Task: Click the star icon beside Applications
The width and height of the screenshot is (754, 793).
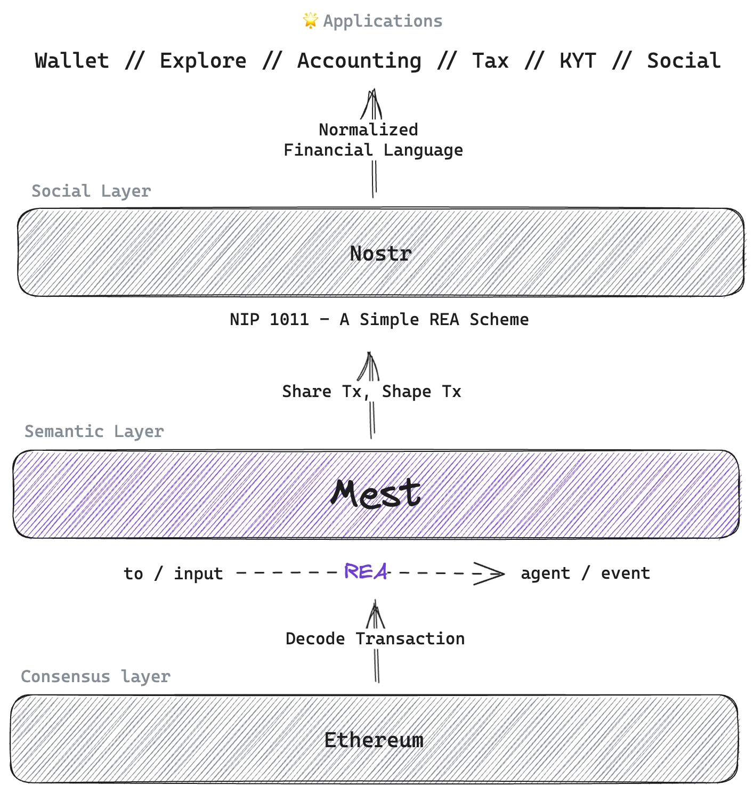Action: click(310, 21)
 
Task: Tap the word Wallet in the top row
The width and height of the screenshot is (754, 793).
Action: click(72, 61)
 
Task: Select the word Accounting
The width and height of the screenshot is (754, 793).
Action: click(359, 61)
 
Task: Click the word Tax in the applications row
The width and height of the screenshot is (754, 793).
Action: click(490, 61)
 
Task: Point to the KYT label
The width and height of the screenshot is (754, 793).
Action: click(578, 61)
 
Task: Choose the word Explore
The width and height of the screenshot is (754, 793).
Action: click(203, 61)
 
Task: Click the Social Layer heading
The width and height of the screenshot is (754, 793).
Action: click(91, 191)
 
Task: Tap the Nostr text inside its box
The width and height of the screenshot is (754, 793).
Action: click(380, 254)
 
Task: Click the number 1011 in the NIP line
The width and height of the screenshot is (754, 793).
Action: click(289, 319)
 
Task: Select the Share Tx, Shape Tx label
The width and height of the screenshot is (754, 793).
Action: click(371, 392)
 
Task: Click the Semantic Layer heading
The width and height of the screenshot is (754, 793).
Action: click(94, 431)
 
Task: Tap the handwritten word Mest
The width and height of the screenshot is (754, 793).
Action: click(376, 493)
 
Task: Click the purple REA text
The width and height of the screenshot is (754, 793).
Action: click(366, 572)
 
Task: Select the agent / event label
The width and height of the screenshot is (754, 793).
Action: click(585, 573)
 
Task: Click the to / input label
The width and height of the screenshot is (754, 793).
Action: click(173, 574)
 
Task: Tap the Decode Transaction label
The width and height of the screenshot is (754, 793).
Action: click(375, 638)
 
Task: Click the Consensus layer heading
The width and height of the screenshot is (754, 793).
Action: click(95, 676)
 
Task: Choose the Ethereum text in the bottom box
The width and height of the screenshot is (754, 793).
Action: click(374, 740)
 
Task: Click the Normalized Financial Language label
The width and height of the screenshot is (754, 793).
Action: click(373, 140)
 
